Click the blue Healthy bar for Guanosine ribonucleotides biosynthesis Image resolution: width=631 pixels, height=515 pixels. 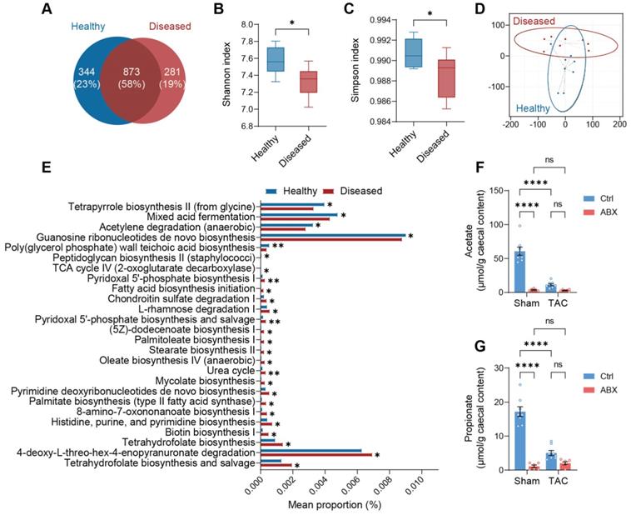tap(333, 235)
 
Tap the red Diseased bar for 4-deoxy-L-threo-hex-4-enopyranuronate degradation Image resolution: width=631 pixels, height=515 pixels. tap(316, 455)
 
